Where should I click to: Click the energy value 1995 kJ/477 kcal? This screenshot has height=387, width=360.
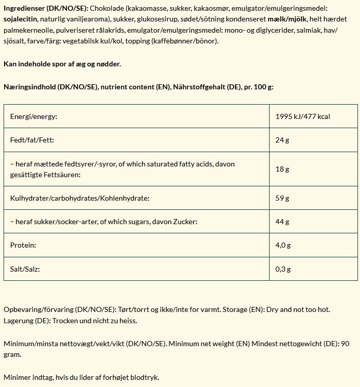pyautogui.click(x=302, y=116)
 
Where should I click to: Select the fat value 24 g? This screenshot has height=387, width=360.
pyautogui.click(x=282, y=140)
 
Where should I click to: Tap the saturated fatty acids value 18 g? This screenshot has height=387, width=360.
pyautogui.click(x=282, y=169)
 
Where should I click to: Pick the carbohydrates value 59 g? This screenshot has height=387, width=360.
pyautogui.click(x=282, y=198)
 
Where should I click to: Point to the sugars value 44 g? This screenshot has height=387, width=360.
pyautogui.click(x=282, y=222)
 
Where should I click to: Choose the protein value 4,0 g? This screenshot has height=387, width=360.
pyautogui.click(x=283, y=245)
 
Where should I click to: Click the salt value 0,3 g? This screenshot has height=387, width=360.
pyautogui.click(x=283, y=269)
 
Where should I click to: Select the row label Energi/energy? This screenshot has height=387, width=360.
pyautogui.click(x=34, y=116)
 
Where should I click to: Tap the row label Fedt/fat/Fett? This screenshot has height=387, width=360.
pyautogui.click(x=32, y=140)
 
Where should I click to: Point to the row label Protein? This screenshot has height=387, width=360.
pyautogui.click(x=23, y=245)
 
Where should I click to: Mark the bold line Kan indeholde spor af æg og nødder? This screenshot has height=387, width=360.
pyautogui.click(x=62, y=64)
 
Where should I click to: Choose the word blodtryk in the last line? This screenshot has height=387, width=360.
pyautogui.click(x=146, y=377)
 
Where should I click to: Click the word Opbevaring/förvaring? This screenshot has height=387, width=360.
pyautogui.click(x=38, y=309)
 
